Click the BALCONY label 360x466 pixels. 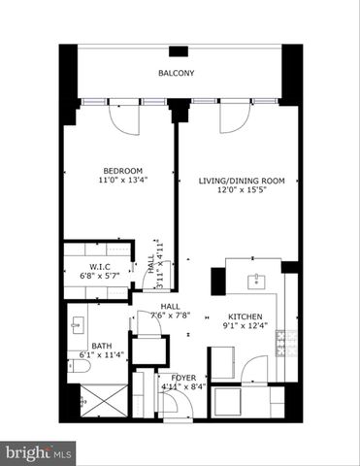(x=177, y=74)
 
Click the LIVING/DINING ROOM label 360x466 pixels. (x=235, y=181)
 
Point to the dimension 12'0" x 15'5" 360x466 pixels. (x=235, y=192)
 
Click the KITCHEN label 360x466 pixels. (x=245, y=317)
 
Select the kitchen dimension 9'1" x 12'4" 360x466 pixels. (x=245, y=328)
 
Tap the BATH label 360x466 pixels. (x=101, y=346)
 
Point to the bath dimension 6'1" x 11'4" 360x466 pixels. (x=101, y=356)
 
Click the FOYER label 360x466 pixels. (x=183, y=377)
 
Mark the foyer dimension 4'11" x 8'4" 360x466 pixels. (x=183, y=387)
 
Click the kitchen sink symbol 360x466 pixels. (x=256, y=282)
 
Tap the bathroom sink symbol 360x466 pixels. (x=79, y=324)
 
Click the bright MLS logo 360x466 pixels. (x=40, y=451)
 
